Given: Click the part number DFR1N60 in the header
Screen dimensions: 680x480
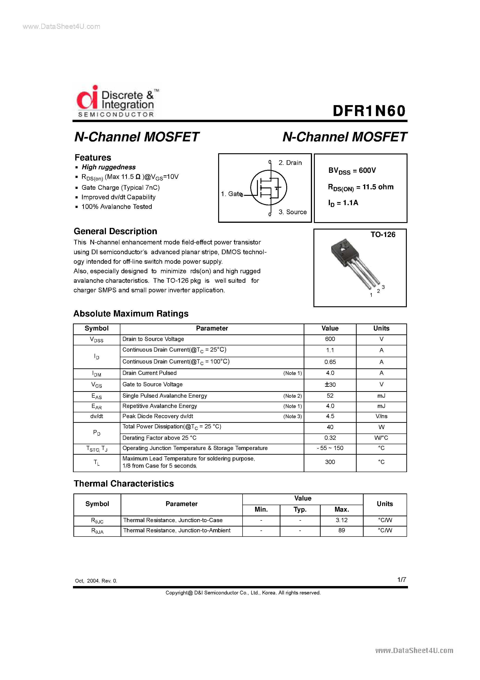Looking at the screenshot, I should point(369,111).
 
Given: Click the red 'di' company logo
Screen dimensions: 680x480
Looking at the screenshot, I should point(87,98).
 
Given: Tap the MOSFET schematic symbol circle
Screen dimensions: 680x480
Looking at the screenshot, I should point(268,187).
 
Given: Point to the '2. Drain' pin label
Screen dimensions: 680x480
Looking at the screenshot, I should point(290,163).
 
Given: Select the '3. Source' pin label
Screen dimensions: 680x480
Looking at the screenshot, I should point(292,212).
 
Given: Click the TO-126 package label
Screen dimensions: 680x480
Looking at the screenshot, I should point(383,235).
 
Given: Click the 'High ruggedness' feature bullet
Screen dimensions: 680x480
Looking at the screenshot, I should point(108,167).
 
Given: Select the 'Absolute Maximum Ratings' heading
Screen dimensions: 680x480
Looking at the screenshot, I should point(131,314).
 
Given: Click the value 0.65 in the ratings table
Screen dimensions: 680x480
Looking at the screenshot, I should point(330,362).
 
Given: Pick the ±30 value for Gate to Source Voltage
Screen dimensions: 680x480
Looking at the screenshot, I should point(330,385).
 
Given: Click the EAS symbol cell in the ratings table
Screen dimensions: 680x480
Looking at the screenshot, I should point(96,396).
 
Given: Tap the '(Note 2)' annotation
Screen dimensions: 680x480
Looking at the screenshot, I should point(292,396).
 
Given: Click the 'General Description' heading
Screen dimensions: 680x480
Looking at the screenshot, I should point(115,231).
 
